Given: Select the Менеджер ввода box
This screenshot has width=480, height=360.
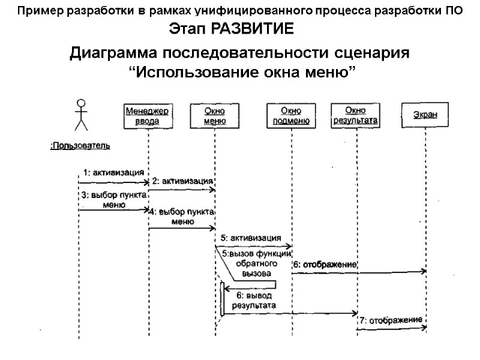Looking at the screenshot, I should tap(148, 116).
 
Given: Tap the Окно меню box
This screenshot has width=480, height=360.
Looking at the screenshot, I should tap(215, 116).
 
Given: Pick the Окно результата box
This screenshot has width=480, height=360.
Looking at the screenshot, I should tap(355, 115).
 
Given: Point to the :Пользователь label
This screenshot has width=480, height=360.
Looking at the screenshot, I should tap(80, 145).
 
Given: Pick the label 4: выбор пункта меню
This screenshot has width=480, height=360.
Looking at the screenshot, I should tap(182, 217).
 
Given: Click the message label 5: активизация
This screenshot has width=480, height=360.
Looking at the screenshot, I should tap(251, 237).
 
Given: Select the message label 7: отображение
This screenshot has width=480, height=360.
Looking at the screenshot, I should tap(391, 320).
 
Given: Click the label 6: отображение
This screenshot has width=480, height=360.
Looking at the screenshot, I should tap(325, 264).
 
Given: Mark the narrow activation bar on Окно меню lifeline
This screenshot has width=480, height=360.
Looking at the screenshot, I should tap(222, 299).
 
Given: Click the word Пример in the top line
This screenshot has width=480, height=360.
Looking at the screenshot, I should tap(35, 10).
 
